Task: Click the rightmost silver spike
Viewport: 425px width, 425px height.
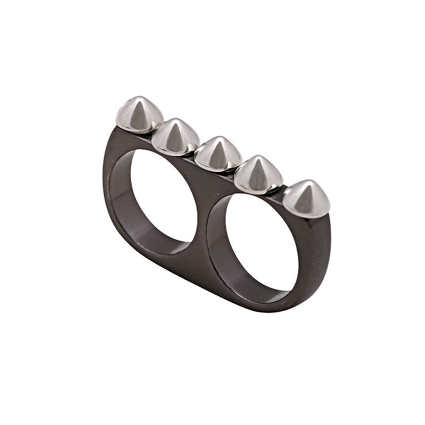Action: click(x=305, y=198)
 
